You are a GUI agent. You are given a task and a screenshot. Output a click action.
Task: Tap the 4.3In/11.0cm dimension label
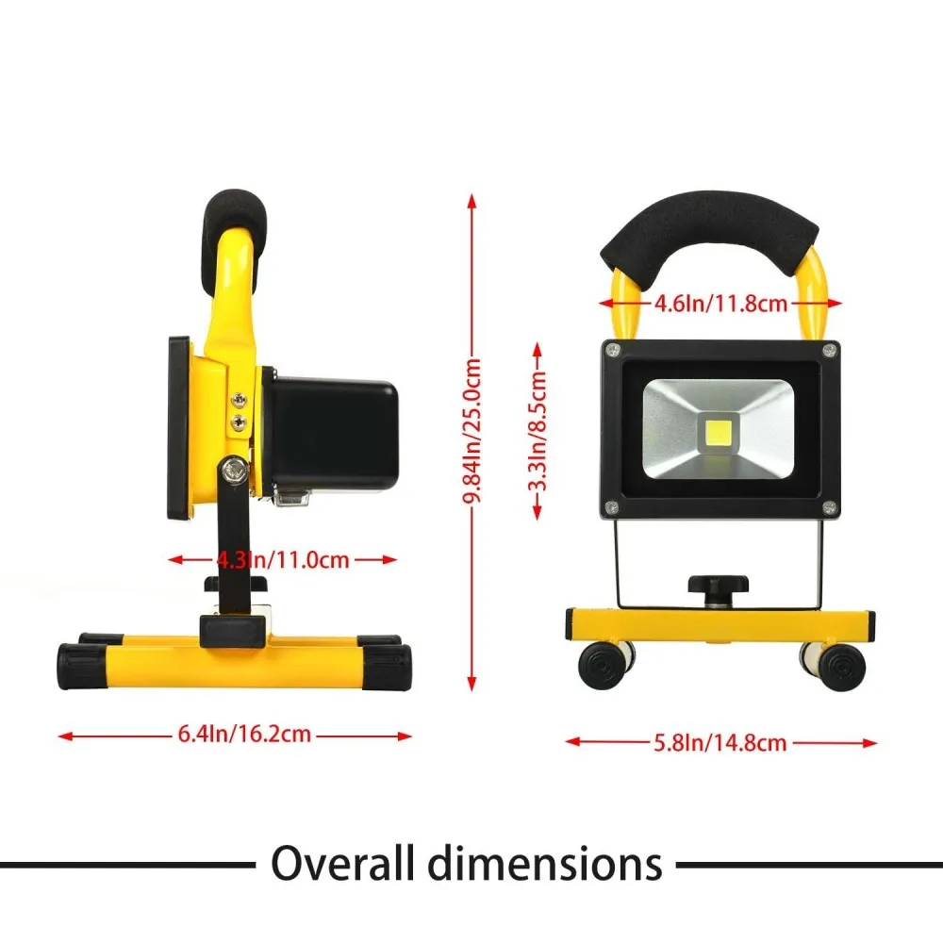(x=283, y=559)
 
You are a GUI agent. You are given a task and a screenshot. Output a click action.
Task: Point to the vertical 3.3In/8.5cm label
(x=538, y=431)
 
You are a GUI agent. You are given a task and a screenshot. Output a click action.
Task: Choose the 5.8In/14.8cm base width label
(x=721, y=743)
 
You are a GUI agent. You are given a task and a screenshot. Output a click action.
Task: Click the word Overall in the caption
(x=354, y=863)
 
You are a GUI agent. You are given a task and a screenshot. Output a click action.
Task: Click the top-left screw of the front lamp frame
(x=614, y=351)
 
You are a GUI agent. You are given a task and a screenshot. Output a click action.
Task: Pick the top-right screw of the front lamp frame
(x=829, y=351)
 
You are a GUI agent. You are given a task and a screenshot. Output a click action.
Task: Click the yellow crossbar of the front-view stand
(x=720, y=624)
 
